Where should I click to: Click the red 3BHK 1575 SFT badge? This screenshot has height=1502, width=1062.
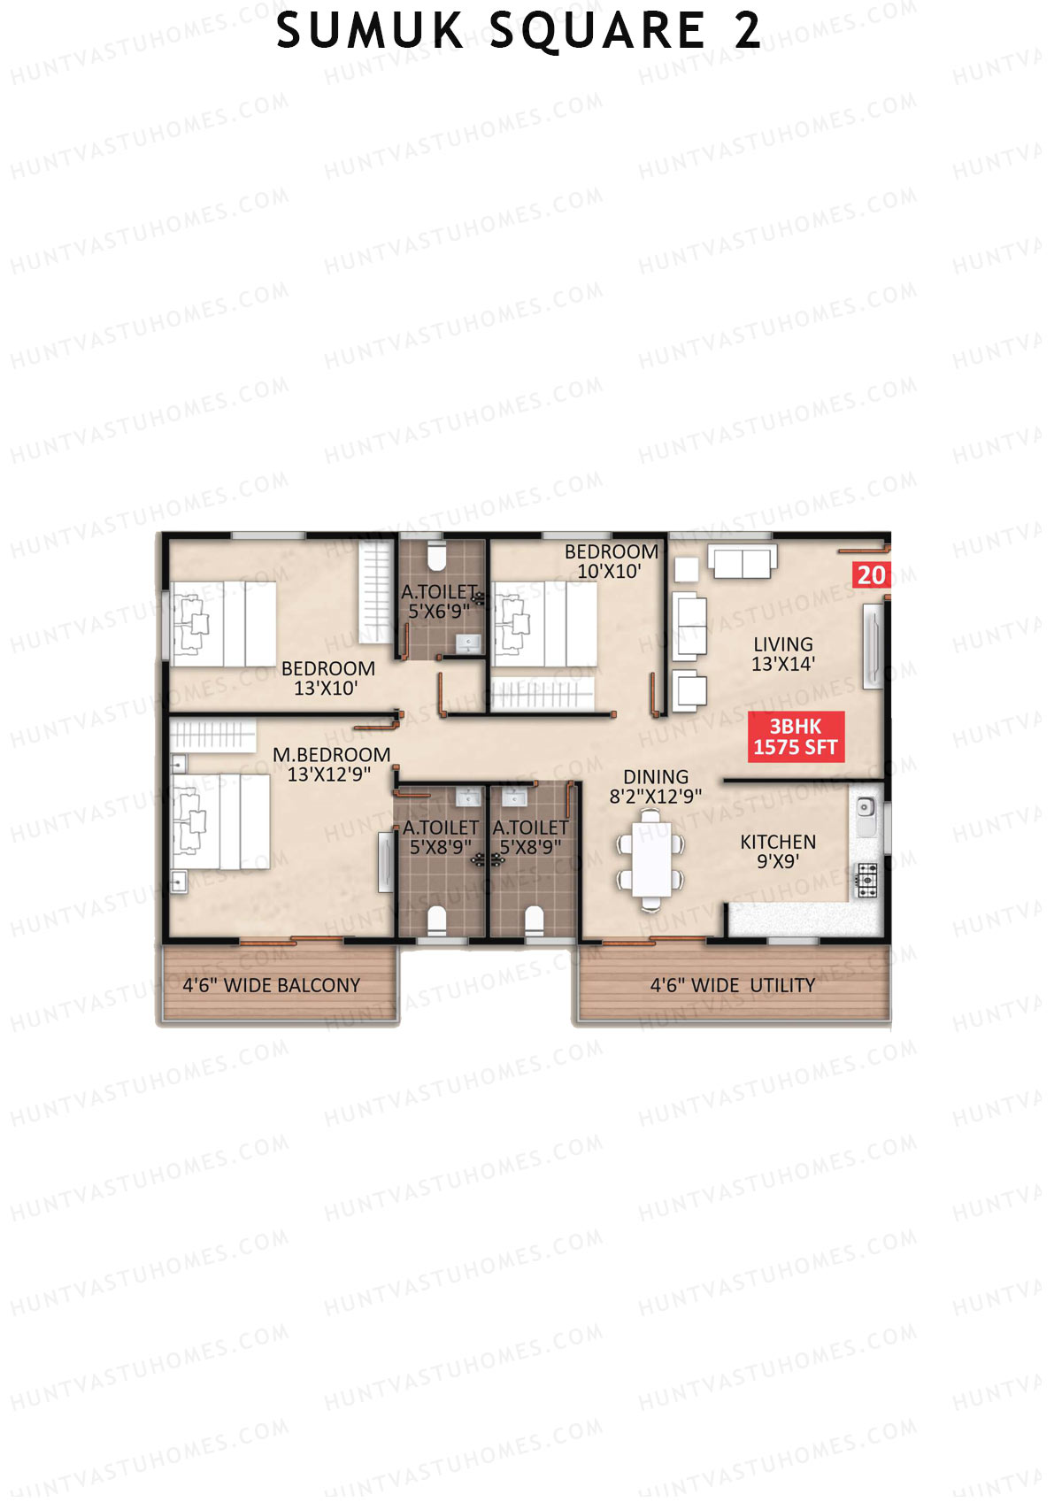796,737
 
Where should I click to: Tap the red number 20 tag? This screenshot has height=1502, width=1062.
871,575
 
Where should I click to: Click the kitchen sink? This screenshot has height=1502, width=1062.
866,808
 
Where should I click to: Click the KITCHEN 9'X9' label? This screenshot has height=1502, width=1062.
778,851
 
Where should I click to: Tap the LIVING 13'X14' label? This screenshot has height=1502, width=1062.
783,654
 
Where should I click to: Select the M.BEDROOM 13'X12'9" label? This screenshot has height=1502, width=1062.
331,764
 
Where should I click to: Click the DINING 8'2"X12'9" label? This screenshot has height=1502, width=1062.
655,787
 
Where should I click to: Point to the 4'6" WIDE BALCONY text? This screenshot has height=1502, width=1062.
271,985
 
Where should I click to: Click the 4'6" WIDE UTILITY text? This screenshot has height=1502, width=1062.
733,985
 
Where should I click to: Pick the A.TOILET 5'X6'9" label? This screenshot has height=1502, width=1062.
440,601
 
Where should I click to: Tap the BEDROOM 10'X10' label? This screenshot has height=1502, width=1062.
612,561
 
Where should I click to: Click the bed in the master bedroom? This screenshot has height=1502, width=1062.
221,821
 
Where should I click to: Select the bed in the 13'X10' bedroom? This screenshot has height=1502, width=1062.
224,624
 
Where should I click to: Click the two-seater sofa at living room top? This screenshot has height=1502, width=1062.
742,562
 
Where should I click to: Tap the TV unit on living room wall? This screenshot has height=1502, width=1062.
873,644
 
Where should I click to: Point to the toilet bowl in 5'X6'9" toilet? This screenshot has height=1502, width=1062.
435,558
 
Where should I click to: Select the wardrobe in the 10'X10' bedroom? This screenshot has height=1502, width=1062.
542,694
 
